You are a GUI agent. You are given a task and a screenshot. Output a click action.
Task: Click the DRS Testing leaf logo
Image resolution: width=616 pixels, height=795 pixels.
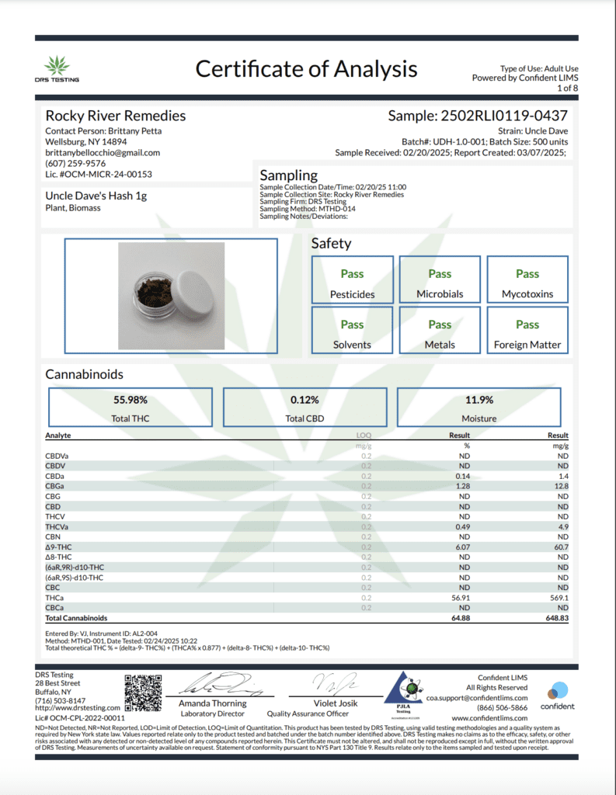[x=56, y=64]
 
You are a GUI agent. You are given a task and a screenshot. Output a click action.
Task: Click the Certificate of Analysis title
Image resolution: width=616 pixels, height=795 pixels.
[x=306, y=68]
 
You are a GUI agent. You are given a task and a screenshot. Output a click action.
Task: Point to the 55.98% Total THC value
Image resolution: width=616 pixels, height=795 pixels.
[x=131, y=400]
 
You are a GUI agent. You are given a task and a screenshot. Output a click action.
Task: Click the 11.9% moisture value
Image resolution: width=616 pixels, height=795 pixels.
[x=479, y=400]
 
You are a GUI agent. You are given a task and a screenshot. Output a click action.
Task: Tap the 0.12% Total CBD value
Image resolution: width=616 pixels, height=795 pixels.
[x=305, y=400]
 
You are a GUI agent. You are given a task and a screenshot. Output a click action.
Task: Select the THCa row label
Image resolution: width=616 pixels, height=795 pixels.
[x=55, y=598]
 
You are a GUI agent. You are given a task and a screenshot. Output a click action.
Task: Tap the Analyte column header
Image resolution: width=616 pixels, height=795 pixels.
[x=58, y=436]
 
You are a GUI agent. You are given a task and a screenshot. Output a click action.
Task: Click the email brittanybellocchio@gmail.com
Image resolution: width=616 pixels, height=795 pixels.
[x=103, y=153]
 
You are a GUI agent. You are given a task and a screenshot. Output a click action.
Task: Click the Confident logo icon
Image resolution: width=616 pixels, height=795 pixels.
[x=558, y=690]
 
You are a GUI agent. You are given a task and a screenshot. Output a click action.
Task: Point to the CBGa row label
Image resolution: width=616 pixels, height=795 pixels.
[x=55, y=486]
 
